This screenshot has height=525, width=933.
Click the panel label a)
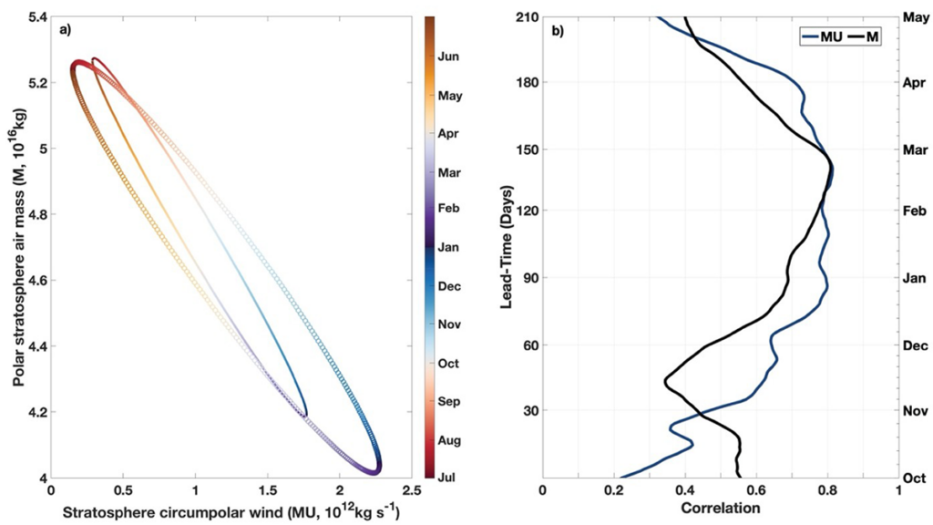(65, 29)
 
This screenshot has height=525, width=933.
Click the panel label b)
(558, 29)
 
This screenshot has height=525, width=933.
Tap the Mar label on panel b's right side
(914, 149)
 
